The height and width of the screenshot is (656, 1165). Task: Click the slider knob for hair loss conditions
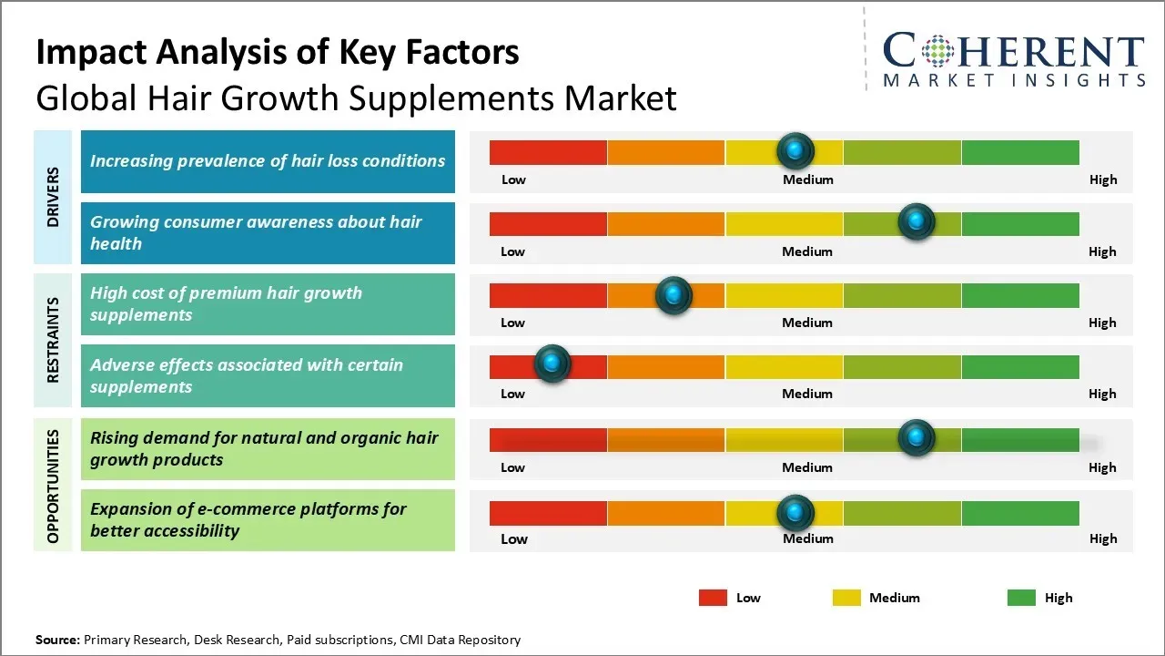tap(795, 150)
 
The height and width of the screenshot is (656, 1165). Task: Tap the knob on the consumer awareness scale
tap(916, 221)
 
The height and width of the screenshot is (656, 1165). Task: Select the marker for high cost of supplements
tap(674, 294)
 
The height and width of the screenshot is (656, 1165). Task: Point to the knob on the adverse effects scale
tap(552, 364)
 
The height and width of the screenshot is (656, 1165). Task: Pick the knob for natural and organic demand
tap(916, 437)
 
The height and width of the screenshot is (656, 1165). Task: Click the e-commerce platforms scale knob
tap(795, 512)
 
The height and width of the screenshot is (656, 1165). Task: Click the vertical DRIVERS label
tap(53, 197)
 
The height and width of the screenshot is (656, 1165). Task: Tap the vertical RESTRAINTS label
tap(53, 339)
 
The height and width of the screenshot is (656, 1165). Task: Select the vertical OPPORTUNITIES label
tap(53, 487)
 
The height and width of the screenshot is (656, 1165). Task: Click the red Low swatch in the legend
tap(713, 598)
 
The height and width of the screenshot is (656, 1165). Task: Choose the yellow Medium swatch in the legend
tap(846, 598)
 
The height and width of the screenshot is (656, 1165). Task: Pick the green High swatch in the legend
tap(1021, 598)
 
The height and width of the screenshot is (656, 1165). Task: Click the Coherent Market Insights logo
tap(1013, 58)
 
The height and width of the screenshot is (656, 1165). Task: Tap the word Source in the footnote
tap(57, 640)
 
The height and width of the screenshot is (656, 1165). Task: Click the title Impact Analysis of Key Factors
tap(278, 53)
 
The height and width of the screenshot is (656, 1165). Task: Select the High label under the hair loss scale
tap(1103, 179)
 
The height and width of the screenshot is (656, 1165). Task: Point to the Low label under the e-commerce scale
tap(514, 538)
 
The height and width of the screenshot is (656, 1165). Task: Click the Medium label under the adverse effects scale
tap(807, 394)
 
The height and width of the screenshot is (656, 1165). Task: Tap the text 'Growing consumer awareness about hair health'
tap(256, 232)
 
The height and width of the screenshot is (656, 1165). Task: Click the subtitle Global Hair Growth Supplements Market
tap(356, 97)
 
